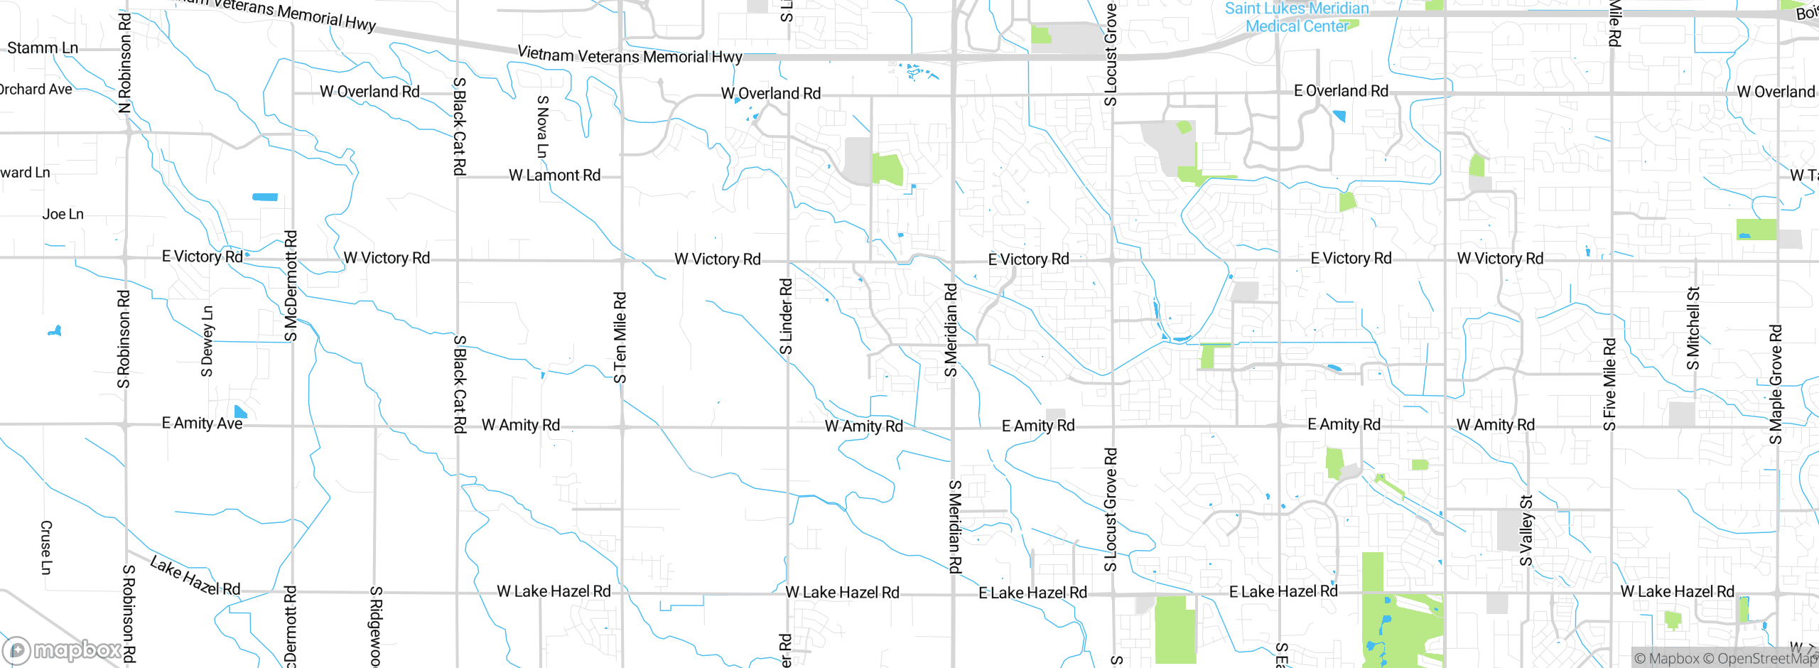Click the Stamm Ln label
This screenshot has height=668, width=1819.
coord(43,48)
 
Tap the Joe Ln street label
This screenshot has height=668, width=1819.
coord(63,214)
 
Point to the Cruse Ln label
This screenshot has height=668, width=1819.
coord(46,547)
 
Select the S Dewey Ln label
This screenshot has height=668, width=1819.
coord(207,341)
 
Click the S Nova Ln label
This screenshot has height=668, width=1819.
coord(543,126)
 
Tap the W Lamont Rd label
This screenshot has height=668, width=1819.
coord(554,176)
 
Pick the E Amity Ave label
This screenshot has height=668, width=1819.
coord(202,424)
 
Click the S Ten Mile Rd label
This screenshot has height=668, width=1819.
coord(620,338)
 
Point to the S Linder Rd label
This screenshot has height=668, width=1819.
coord(786,316)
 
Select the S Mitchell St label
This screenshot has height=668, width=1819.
coord(1693,328)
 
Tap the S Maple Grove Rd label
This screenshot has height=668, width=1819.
coord(1776,384)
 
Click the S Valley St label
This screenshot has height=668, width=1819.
coord(1526,531)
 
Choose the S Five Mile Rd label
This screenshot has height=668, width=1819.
coord(1610,384)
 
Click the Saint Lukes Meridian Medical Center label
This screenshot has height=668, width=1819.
coord(1297,18)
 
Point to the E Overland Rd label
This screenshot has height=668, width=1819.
coord(1341,91)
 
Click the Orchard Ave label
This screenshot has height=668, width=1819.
coord(36,90)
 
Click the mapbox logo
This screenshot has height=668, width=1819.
coord(63,650)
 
